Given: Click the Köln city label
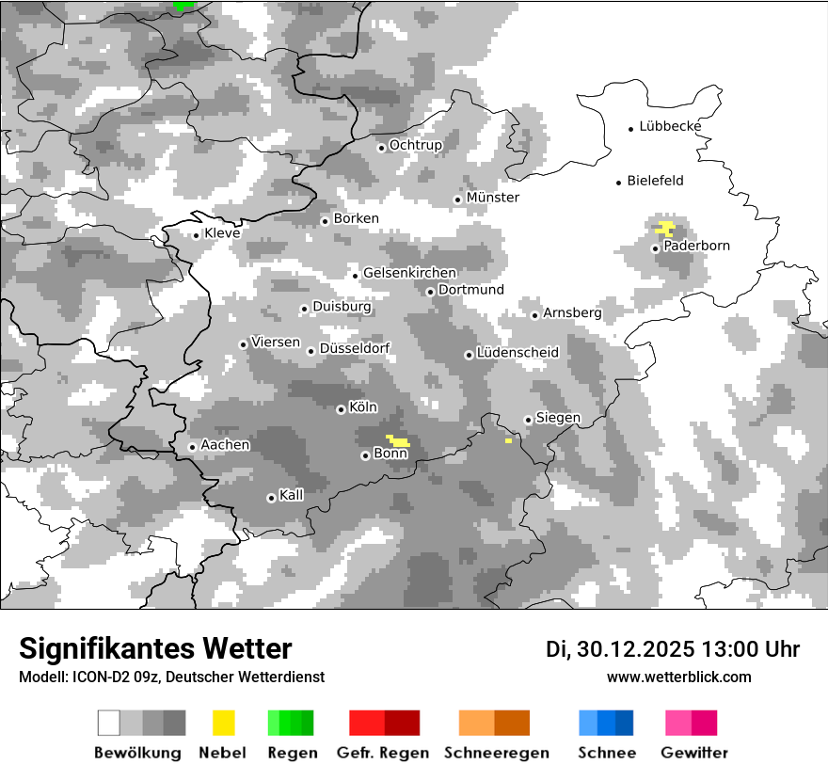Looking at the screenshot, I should [x=363, y=407].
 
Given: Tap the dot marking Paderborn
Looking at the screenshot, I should [x=656, y=248].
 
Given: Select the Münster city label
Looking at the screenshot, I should [x=493, y=198].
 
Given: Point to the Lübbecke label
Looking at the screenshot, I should [x=670, y=126].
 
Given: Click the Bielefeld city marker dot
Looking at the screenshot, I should [x=619, y=183].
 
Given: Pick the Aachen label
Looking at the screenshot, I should [x=225, y=445].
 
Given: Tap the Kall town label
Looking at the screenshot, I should [x=292, y=495].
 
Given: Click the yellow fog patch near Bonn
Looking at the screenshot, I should [x=399, y=440].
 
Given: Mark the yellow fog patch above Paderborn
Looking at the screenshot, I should [x=665, y=227].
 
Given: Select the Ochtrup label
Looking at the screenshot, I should [x=416, y=145].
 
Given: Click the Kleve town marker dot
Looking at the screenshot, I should [x=196, y=235].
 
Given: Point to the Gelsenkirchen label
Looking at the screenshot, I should [x=409, y=273].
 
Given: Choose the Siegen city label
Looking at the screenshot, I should [x=558, y=418].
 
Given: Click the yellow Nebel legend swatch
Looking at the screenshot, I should [x=223, y=723].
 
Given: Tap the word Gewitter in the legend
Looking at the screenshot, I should [x=694, y=753].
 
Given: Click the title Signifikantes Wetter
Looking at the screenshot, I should [x=155, y=648].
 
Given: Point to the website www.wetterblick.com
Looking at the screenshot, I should [x=679, y=677].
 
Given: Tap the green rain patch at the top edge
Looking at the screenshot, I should [x=183, y=5].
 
